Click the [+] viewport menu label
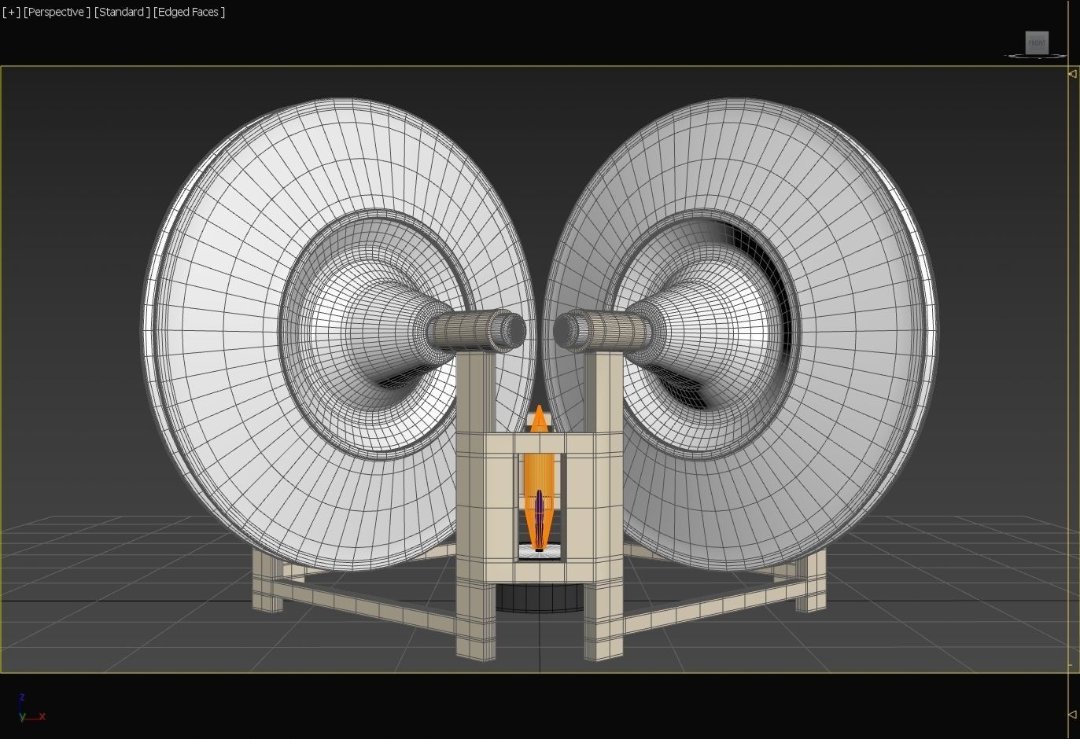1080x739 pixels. pos(11,12)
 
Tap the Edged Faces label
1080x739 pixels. pos(190,12)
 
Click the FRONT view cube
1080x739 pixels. pos(1037,42)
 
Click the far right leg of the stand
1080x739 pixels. pos(812,582)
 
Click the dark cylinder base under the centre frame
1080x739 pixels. pos(540,598)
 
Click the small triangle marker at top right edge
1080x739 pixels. pos(1072,74)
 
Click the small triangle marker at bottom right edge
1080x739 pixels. pos(1072,715)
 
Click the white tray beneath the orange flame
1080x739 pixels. pos(540,553)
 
